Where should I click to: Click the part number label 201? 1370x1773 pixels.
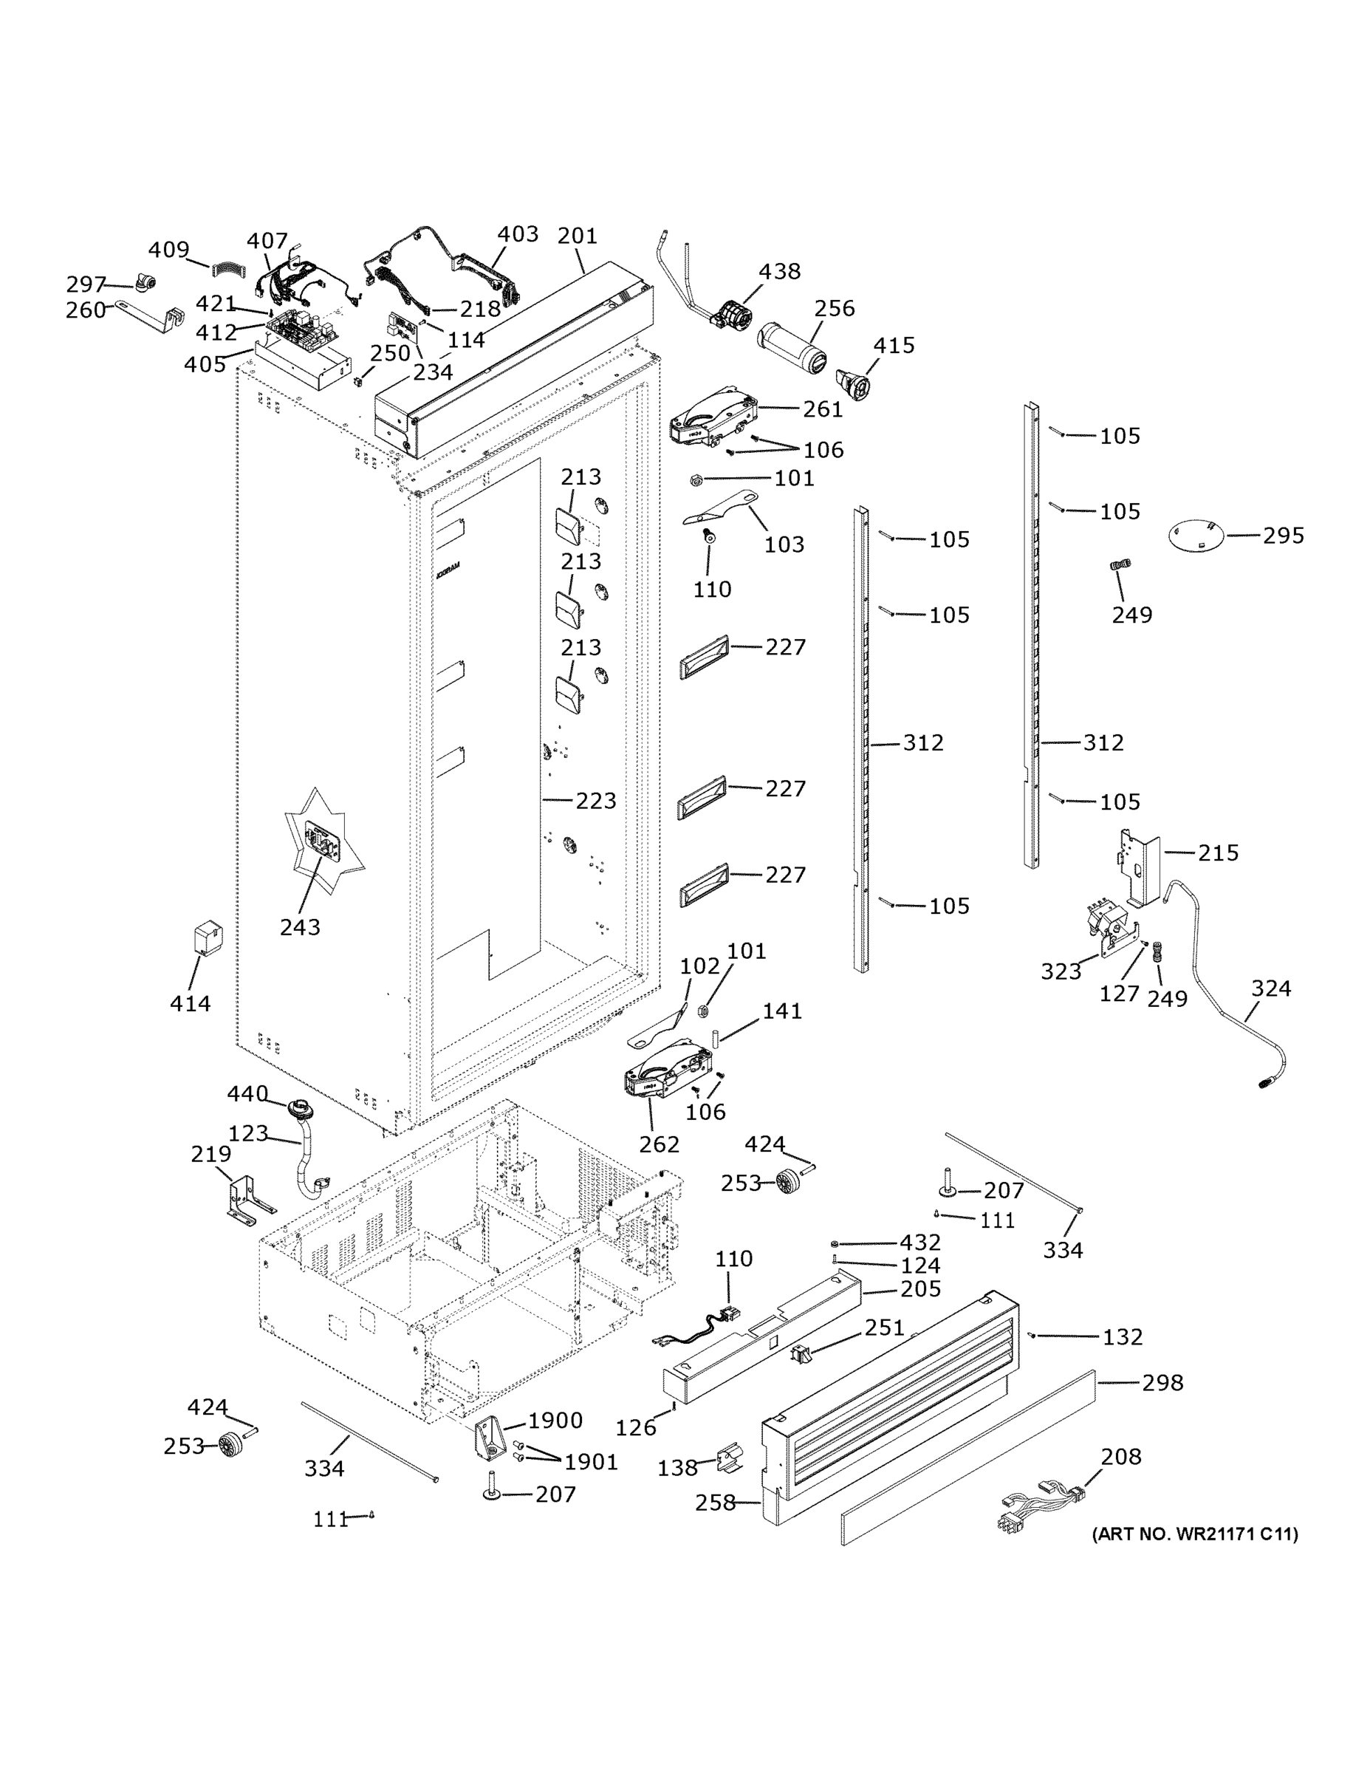(577, 236)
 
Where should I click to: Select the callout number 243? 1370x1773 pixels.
(300, 926)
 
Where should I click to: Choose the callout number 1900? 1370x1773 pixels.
(555, 1420)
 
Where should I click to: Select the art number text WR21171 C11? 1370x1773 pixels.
(1194, 1534)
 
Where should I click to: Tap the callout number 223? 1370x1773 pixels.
(596, 801)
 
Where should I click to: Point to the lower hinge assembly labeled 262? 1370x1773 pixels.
(666, 1070)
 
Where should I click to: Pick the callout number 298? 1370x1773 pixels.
(1162, 1381)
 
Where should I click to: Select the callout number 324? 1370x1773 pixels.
(1270, 988)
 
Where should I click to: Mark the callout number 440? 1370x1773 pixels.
(247, 1093)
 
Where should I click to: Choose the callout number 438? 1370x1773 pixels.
(779, 271)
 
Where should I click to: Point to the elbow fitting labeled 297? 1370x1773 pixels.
(146, 284)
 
